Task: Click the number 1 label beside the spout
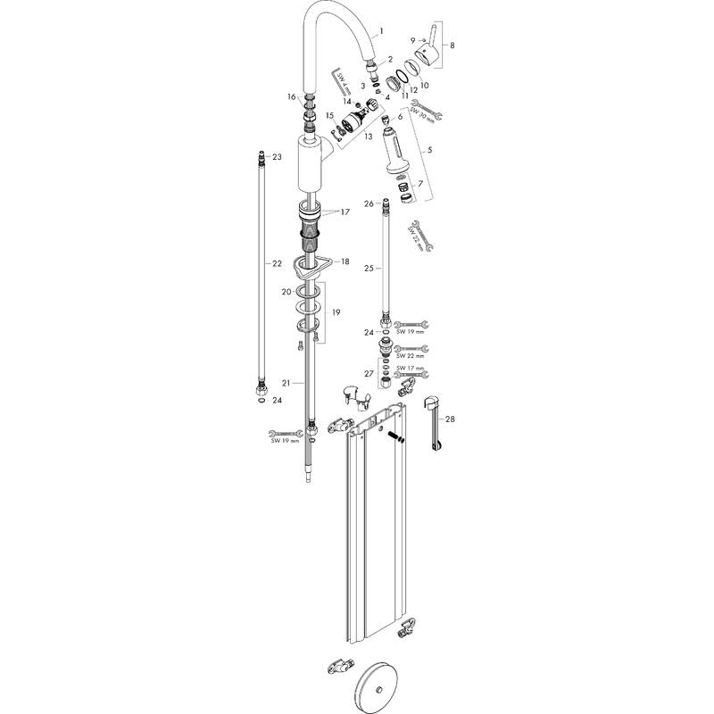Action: pyautogui.click(x=382, y=30)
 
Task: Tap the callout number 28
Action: pyautogui.click(x=450, y=419)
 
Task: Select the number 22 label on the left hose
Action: pyautogui.click(x=277, y=263)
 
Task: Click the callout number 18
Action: pyautogui.click(x=345, y=261)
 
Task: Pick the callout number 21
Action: pyautogui.click(x=286, y=383)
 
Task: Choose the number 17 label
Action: pyautogui.click(x=345, y=212)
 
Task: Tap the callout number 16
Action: pyautogui.click(x=291, y=96)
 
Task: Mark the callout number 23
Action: pyautogui.click(x=277, y=157)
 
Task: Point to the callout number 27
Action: pyautogui.click(x=369, y=373)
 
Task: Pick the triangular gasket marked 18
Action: pyautogui.click(x=314, y=265)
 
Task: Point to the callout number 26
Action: pyautogui.click(x=369, y=204)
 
